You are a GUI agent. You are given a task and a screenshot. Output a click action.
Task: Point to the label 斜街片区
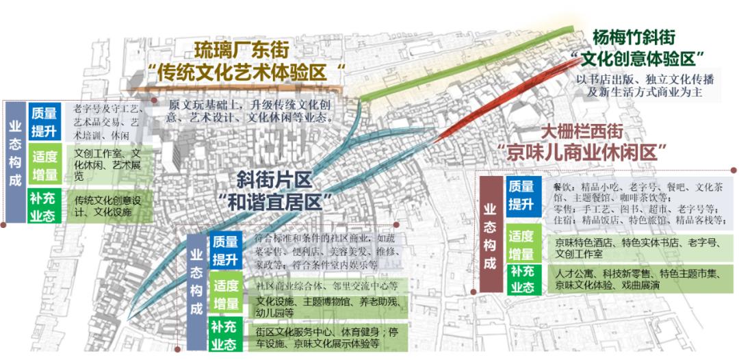tap(274, 180)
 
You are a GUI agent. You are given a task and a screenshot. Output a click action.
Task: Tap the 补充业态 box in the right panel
tap(521, 279)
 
